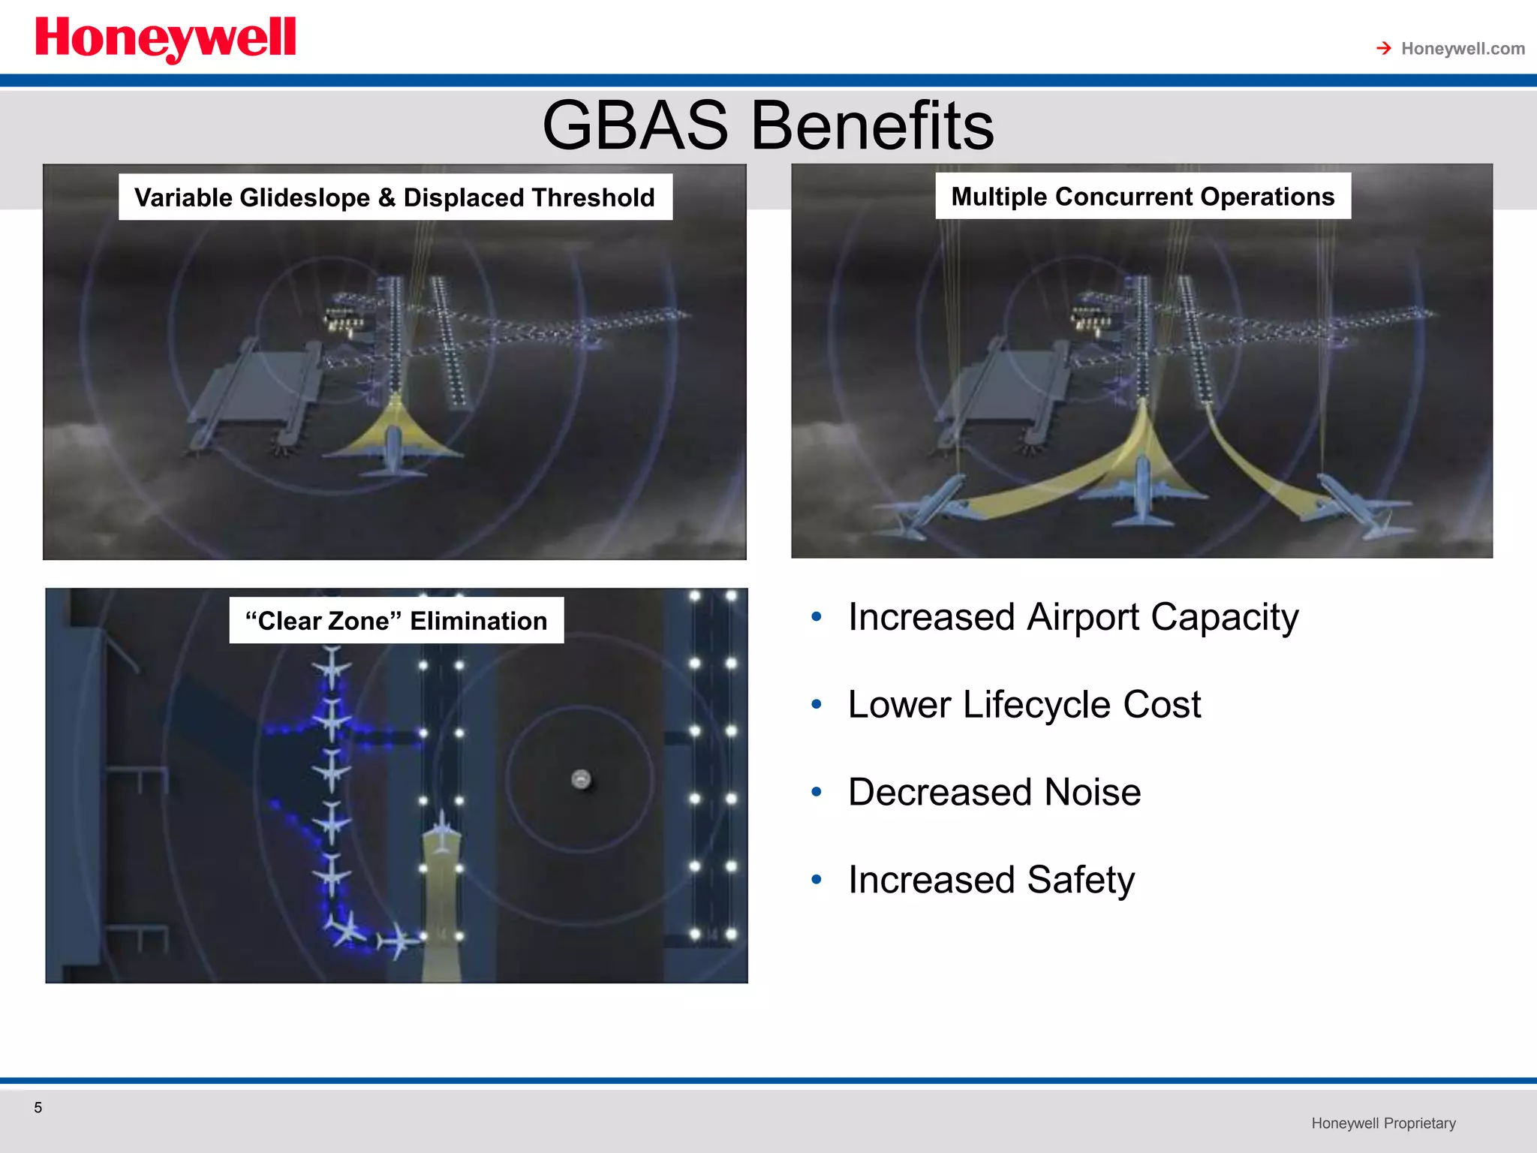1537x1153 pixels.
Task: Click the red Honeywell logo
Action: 165,39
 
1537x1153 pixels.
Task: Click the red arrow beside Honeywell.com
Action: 1383,49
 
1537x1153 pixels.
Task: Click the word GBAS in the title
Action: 635,125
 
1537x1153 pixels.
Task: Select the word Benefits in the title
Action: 872,125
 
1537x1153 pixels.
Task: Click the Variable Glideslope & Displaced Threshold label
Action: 395,197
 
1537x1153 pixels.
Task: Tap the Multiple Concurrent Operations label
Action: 1142,197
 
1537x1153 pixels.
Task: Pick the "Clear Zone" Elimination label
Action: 396,621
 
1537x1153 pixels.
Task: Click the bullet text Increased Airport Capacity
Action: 1072,618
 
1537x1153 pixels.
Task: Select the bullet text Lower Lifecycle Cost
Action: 1024,705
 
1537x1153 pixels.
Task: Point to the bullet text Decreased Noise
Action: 994,793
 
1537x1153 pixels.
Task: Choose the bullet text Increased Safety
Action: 991,880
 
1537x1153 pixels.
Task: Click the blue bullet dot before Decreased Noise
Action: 817,792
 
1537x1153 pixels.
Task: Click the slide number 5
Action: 38,1107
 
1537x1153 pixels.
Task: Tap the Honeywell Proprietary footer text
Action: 1383,1123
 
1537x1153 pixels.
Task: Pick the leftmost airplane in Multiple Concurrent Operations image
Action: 927,507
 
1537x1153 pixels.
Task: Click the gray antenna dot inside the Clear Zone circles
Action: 581,779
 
